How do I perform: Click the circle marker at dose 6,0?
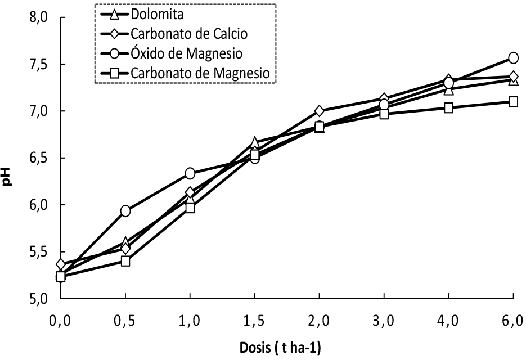pos(513,57)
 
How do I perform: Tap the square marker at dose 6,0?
pos(513,102)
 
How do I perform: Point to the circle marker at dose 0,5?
pos(125,211)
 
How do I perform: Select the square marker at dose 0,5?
pos(125,261)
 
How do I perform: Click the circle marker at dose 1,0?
pos(190,173)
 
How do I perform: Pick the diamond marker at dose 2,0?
pos(320,111)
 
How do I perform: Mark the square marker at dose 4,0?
pos(448,107)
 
